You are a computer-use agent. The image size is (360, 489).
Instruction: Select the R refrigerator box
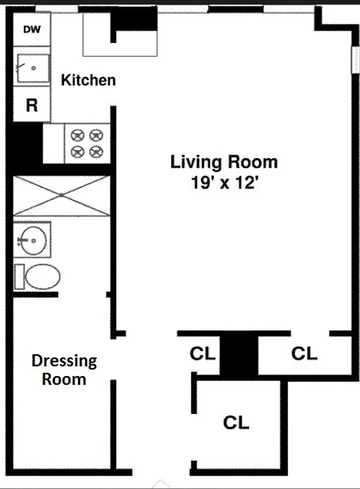pos(31,106)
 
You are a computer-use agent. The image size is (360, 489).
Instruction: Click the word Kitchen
pos(88,80)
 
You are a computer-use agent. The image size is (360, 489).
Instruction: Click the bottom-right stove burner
pos(95,151)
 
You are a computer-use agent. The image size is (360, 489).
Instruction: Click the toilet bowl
pos(43,277)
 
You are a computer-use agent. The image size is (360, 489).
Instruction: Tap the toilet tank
pos(19,277)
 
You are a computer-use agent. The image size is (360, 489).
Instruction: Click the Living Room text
pos(224,163)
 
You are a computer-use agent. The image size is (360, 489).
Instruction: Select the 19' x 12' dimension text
pos(224,183)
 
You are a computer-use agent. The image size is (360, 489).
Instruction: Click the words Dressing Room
pos(64,370)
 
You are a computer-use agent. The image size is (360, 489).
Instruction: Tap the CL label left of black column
pos(202,353)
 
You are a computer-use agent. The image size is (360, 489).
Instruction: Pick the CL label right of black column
pos(304,353)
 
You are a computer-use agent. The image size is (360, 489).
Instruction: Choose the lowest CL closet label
pos(236,422)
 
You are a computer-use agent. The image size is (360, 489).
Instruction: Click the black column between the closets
pos(239,355)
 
